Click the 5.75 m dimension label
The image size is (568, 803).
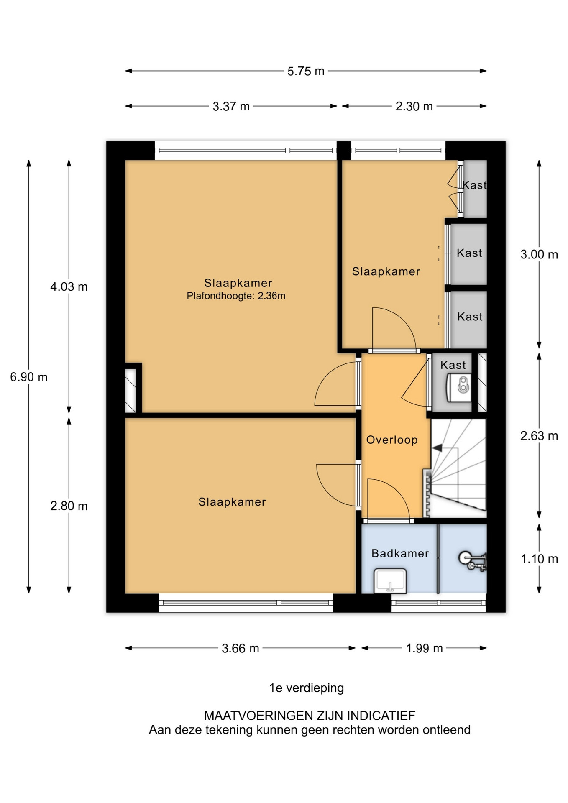pyautogui.click(x=306, y=71)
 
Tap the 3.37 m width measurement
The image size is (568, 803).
pyautogui.click(x=231, y=106)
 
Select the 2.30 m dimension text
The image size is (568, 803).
pyautogui.click(x=414, y=106)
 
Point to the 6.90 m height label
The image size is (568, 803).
pyautogui.click(x=29, y=377)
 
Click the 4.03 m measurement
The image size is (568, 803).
pyautogui.click(x=69, y=287)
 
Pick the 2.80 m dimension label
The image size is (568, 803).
pyautogui.click(x=69, y=506)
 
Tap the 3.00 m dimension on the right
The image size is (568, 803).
pyautogui.click(x=539, y=254)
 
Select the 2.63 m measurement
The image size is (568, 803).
pyautogui.click(x=539, y=436)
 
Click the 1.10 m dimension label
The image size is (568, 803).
pyautogui.click(x=539, y=559)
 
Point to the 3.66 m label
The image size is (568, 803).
pyautogui.click(x=241, y=648)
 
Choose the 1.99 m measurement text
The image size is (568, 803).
pyautogui.click(x=425, y=648)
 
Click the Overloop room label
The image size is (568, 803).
pyautogui.click(x=392, y=440)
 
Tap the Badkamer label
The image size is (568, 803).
pyautogui.click(x=400, y=553)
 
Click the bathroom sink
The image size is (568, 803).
pyautogui.click(x=390, y=581)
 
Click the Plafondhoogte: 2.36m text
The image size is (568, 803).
pyautogui.click(x=236, y=296)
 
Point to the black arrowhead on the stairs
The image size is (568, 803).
pyautogui.click(x=437, y=448)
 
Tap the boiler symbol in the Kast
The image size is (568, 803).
pyautogui.click(x=459, y=386)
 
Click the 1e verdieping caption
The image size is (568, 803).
pyautogui.click(x=307, y=688)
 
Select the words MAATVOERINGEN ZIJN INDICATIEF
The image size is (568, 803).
pyautogui.click(x=310, y=716)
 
